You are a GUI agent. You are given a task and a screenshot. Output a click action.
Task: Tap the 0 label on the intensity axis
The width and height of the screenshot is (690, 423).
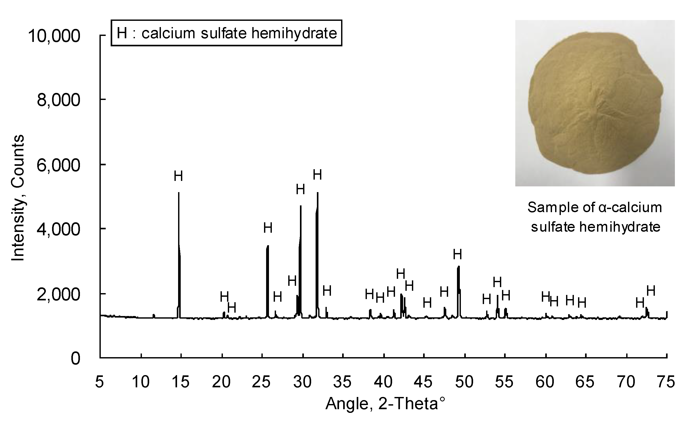[75, 359]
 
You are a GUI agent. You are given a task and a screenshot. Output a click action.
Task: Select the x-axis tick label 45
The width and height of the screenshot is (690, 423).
[423, 382]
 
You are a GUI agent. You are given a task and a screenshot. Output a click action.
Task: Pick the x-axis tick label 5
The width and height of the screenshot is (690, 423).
[99, 382]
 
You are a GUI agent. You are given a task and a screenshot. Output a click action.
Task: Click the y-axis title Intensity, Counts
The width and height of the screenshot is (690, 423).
[18, 198]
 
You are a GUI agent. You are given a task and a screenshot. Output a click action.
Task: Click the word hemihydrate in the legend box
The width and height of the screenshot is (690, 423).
[294, 33]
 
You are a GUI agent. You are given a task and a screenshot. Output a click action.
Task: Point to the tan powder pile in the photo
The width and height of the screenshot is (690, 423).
[595, 104]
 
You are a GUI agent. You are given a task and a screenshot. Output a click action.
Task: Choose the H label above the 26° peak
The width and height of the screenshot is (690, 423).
[268, 228]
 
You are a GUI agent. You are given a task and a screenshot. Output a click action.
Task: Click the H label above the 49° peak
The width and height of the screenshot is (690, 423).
[457, 255]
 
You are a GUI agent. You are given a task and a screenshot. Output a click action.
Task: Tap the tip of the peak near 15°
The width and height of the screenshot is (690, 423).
[179, 193]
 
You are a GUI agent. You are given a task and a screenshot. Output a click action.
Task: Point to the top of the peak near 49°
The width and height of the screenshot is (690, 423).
[459, 267]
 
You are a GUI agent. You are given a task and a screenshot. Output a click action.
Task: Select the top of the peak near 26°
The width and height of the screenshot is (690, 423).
[268, 246]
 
